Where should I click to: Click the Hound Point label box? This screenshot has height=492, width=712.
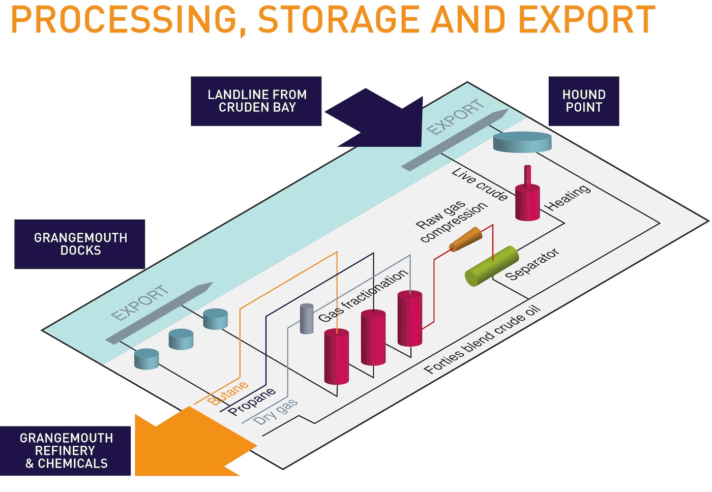pos(583,101)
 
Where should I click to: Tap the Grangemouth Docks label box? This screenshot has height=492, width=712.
pos(80,244)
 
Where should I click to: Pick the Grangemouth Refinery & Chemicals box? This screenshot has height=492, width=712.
pos(66,451)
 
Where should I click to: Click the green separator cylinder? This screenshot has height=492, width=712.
pos(491,266)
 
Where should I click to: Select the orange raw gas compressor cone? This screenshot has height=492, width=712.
pos(465,239)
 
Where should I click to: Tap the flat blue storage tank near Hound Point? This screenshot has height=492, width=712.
pos(522,142)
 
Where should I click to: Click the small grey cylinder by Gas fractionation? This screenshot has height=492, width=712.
pos(306,319)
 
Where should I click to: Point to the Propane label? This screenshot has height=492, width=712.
pos(252,401)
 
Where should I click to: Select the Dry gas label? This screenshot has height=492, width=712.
pos(276,412)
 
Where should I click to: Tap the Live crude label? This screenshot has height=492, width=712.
pos(480,184)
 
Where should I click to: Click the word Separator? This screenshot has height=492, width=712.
pos(532,264)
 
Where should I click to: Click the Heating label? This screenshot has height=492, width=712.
pos(568,197)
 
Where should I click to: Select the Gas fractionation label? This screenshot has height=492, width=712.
pos(363,295)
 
